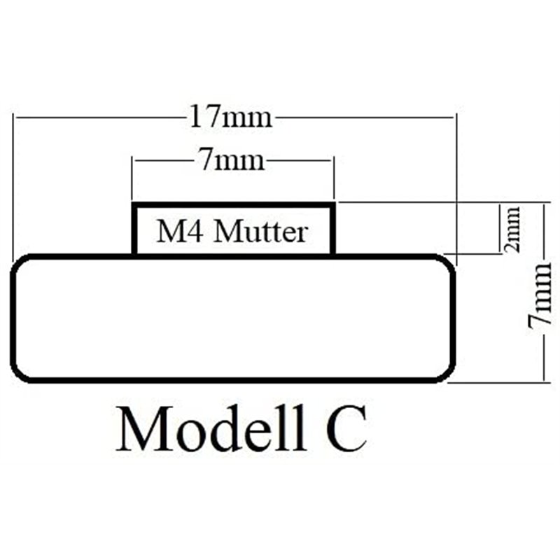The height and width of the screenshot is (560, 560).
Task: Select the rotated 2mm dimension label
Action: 513,228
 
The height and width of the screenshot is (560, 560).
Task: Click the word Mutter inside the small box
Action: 261,231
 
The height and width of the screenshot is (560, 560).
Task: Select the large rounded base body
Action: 234,318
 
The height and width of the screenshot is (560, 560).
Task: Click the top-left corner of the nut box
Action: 135,205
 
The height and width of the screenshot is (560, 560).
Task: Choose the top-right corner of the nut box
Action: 332,205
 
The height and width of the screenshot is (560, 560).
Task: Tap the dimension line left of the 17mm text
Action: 98,118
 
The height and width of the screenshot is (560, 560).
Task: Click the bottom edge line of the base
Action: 234,381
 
